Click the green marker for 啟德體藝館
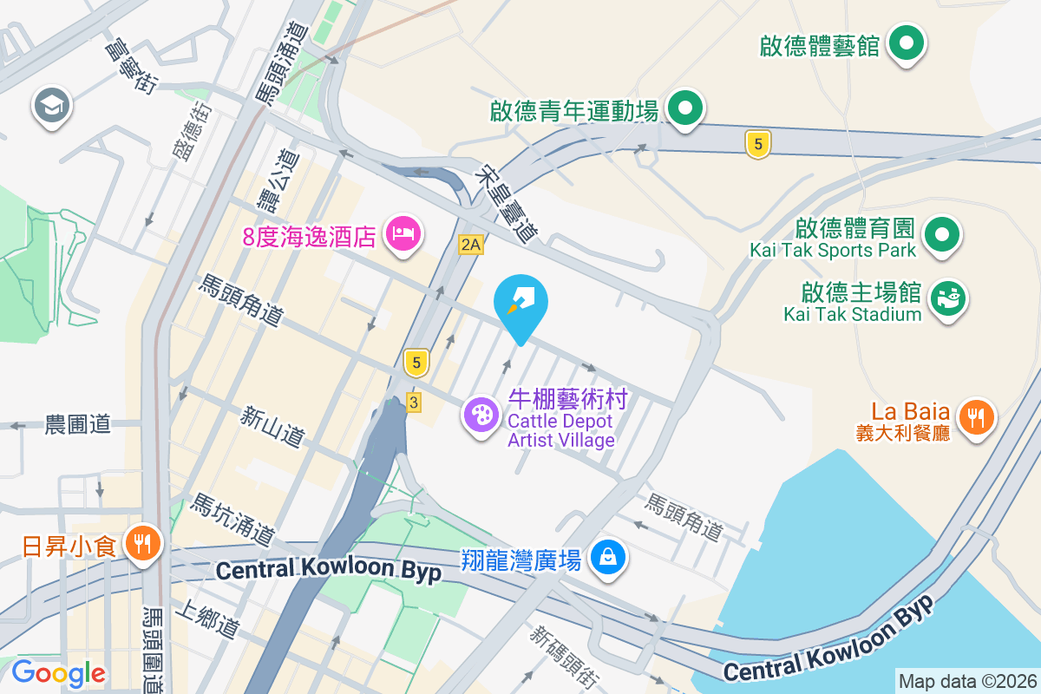point(907,43)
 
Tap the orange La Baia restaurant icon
point(977,418)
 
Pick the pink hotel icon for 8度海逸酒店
point(403,233)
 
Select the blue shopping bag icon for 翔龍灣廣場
point(608,556)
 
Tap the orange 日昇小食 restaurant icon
point(140,544)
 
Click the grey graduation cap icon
point(52,107)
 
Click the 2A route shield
point(470,245)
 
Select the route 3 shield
point(414,403)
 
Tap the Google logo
point(58,672)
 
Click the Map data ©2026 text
point(966,681)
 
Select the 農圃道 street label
point(78,424)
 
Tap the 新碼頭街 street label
point(563,656)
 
